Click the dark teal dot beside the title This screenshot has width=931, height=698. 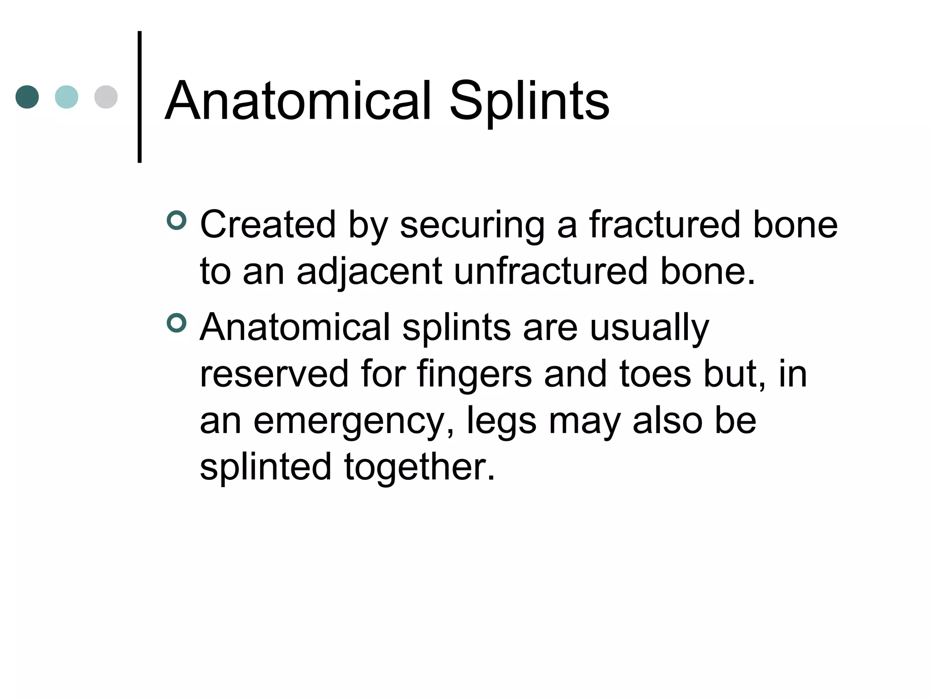coord(27,97)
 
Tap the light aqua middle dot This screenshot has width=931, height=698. coord(66,97)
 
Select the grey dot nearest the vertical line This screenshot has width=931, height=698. coord(106,97)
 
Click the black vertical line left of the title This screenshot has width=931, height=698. coord(140,97)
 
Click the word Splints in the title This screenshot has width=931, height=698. coord(529,102)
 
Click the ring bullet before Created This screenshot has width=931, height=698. coord(176,220)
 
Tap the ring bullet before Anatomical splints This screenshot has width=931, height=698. coord(176,323)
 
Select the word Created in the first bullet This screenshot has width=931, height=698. coord(268,224)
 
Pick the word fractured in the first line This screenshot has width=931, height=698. coord(665,224)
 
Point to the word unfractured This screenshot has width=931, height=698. coord(551,271)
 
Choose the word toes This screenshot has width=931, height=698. coord(656,374)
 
